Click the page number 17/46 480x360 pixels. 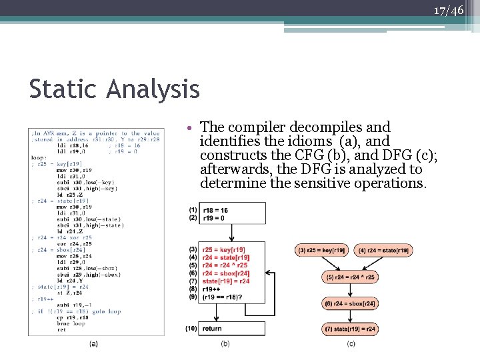tap(448, 11)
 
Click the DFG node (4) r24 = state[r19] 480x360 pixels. tap(385, 250)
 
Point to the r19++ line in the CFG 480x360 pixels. tap(211, 289)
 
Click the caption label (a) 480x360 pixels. tap(94, 344)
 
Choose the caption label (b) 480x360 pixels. tap(225, 344)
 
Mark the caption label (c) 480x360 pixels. tap(351, 344)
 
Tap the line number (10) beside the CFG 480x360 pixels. tap(192, 329)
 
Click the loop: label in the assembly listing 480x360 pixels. tap(39, 158)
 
